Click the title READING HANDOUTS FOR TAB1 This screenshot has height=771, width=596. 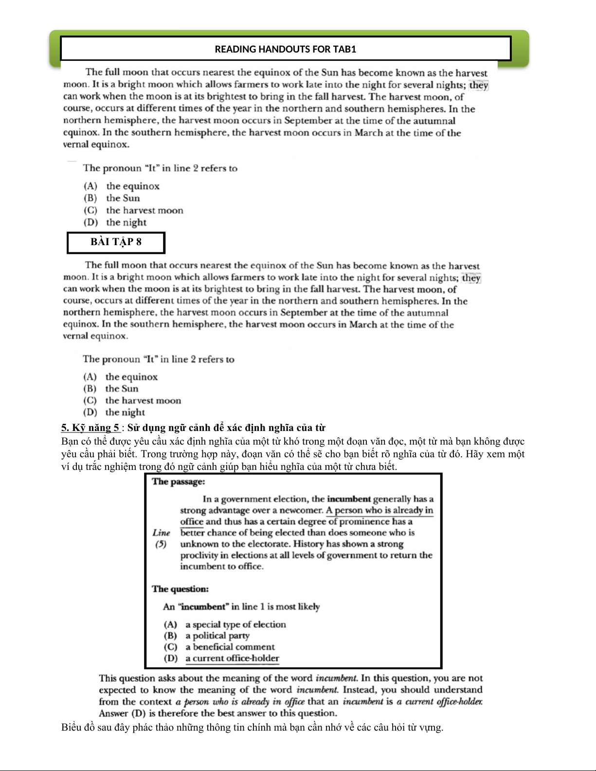[x=286, y=49]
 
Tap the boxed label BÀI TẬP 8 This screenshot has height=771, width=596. [x=116, y=242]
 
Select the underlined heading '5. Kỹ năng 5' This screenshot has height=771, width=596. [x=90, y=428]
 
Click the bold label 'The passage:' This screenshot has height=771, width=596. [x=179, y=482]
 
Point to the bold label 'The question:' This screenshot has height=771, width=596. [x=180, y=589]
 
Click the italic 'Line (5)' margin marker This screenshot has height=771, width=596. [x=161, y=538]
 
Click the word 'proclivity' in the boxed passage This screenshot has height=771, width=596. [x=199, y=556]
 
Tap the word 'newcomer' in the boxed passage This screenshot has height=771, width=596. [x=304, y=510]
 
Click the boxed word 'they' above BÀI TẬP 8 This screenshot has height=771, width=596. [x=479, y=85]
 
